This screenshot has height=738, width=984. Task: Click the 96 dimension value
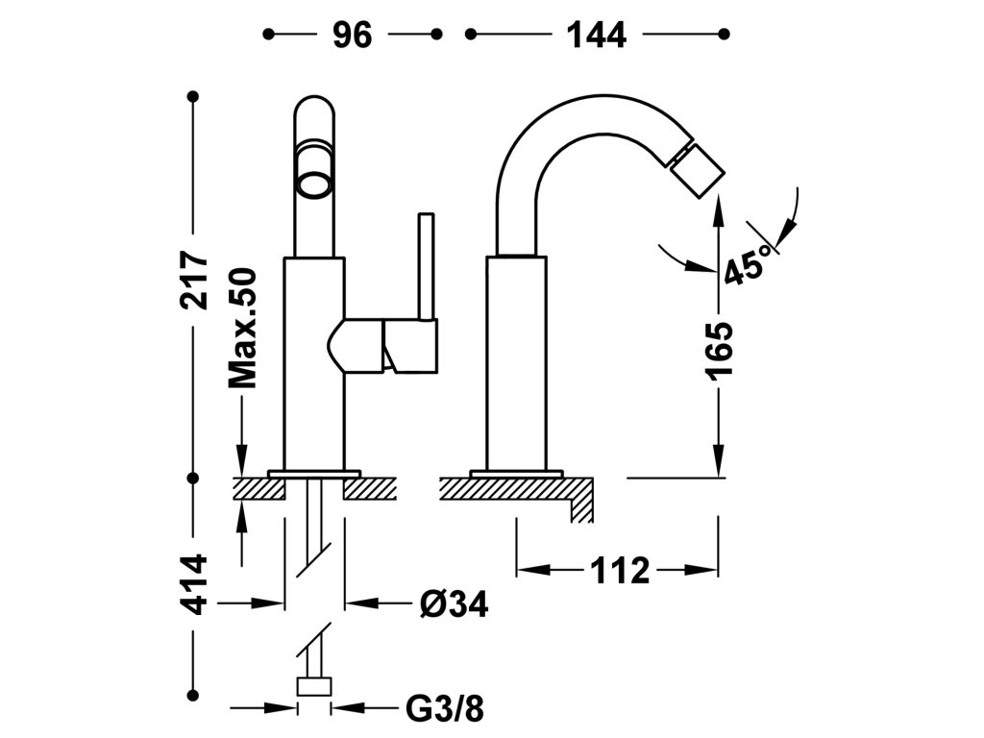tap(352, 36)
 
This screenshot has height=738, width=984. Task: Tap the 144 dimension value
tap(596, 36)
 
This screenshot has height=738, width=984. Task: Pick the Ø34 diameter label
tap(454, 604)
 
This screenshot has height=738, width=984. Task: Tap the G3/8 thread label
tap(445, 709)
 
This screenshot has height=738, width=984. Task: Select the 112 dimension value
tap(619, 571)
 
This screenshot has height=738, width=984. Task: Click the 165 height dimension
tap(719, 350)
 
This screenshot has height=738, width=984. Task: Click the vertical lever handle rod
tap(427, 267)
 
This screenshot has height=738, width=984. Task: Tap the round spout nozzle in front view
tap(314, 185)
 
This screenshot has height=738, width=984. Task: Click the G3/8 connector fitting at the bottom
tap(314, 686)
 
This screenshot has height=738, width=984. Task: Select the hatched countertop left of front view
tap(259, 489)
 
